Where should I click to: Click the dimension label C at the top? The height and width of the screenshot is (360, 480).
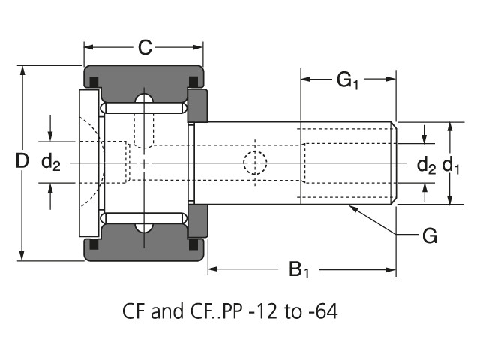(x=145, y=49)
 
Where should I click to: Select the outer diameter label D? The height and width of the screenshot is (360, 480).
(x=22, y=160)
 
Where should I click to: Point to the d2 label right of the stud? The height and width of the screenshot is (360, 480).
(x=426, y=164)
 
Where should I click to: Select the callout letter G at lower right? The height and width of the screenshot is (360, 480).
(x=429, y=236)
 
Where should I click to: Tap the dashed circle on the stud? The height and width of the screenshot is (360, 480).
(x=255, y=162)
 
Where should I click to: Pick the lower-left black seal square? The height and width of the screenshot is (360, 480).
(x=94, y=244)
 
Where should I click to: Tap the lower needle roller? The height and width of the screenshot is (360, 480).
(x=144, y=217)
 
